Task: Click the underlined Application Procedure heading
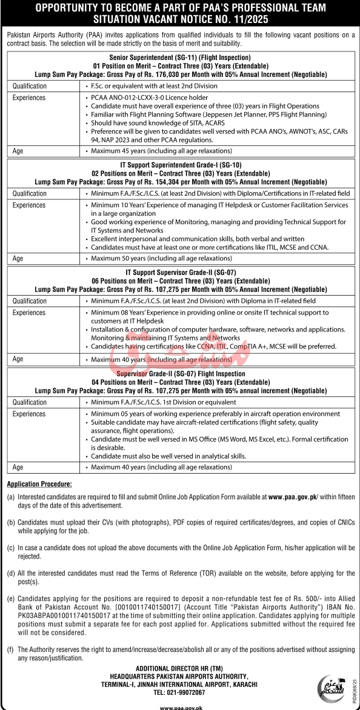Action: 39,484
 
